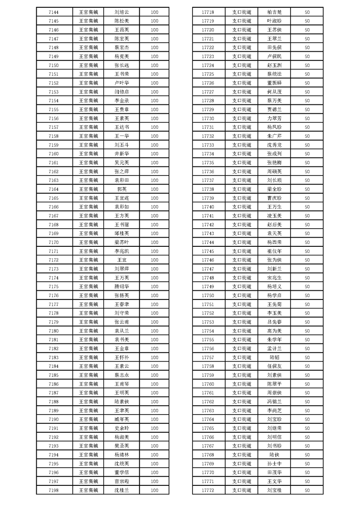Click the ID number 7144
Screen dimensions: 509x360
(x=53, y=12)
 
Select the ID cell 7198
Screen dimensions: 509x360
(x=53, y=490)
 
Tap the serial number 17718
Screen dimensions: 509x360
(x=207, y=12)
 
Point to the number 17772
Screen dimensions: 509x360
(x=207, y=490)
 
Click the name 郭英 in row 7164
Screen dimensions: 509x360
(x=122, y=189)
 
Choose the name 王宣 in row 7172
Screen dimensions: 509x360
(x=122, y=260)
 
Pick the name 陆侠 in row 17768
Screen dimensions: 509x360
(x=274, y=455)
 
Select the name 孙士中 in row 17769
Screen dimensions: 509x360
(x=274, y=464)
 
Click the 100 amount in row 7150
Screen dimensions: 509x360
(x=154, y=65)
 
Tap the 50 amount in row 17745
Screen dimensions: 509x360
(x=307, y=251)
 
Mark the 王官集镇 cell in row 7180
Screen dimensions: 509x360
(x=89, y=331)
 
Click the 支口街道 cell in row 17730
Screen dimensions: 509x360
(x=242, y=118)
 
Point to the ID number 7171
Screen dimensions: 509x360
(x=53, y=251)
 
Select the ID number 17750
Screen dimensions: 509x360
(x=207, y=295)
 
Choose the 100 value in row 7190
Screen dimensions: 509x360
(x=154, y=419)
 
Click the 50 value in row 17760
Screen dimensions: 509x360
(x=307, y=384)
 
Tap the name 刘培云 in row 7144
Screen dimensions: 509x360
(x=122, y=12)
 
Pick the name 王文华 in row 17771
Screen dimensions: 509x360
(x=274, y=481)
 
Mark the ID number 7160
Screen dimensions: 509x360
(x=53, y=154)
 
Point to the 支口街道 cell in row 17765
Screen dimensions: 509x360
(x=242, y=428)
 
